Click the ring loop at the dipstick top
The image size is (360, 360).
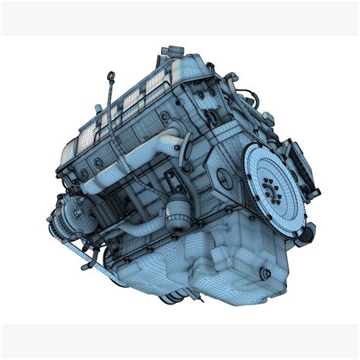tap(112, 75)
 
